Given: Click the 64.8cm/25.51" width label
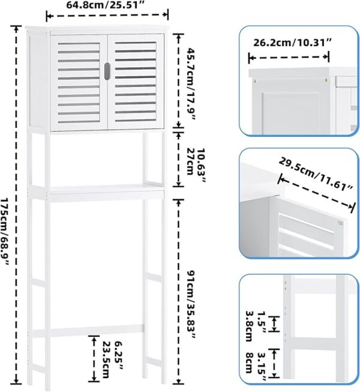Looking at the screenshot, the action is tap(106, 4).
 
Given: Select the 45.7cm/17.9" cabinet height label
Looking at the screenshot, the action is tap(191, 83).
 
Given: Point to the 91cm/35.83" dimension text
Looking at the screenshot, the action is tap(191, 304).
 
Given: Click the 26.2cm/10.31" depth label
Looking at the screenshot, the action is tap(292, 43).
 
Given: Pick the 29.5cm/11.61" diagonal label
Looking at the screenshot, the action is tap(316, 173).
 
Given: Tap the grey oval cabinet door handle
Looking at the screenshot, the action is tap(107, 71).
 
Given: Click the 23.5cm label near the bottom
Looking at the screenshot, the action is tap(106, 360).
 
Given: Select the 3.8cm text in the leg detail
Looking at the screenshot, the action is tap(249, 326).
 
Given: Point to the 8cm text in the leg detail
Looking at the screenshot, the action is tap(249, 363).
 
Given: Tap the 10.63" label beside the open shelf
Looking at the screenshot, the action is tap(201, 165).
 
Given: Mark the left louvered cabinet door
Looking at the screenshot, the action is tap(79, 82).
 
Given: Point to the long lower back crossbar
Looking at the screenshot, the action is tap(88, 330).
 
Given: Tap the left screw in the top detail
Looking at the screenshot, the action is tap(255, 80).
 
